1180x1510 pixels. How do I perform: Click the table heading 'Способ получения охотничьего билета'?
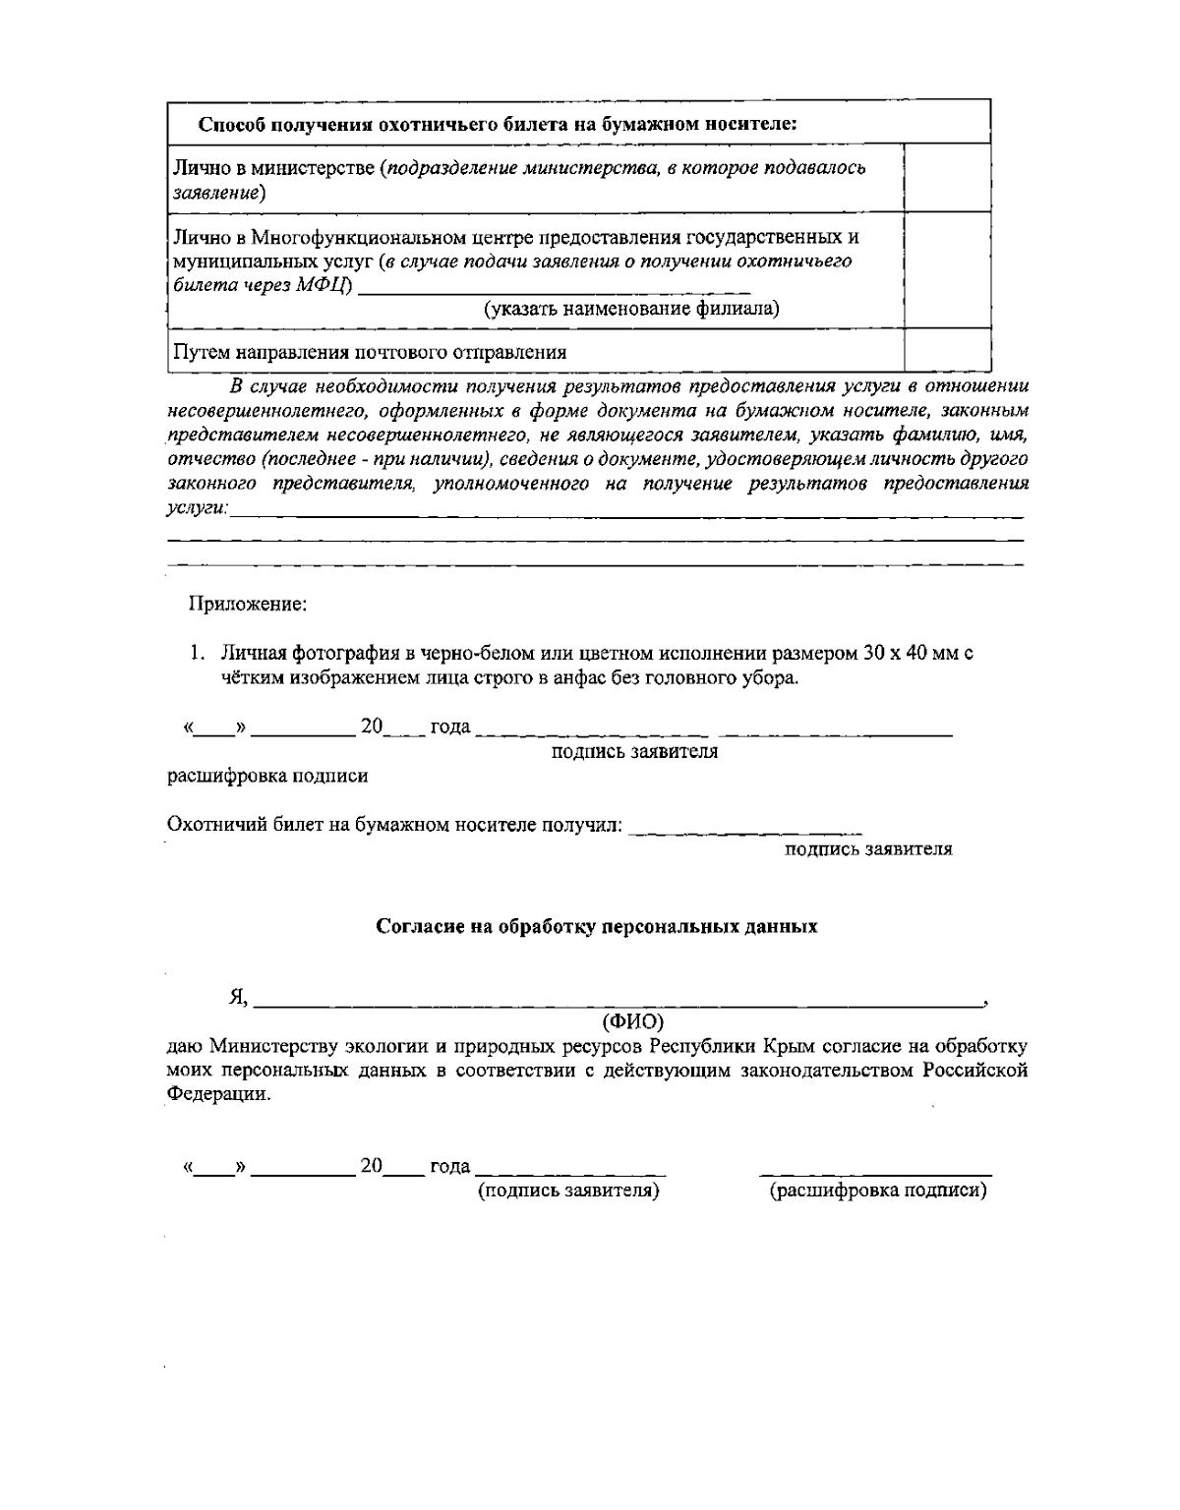tap(497, 125)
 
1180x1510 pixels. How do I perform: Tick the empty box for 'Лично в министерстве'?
tap(947, 178)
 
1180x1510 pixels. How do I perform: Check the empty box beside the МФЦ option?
tap(947, 270)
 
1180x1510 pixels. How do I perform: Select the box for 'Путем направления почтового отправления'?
tap(947, 351)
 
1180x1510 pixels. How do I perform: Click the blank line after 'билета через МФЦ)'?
tap(555, 288)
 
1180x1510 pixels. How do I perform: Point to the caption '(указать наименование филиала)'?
tap(631, 310)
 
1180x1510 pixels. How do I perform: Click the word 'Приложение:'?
tap(249, 604)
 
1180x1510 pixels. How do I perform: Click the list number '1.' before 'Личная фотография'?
tap(198, 654)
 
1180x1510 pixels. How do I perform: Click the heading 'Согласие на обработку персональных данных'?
tap(597, 927)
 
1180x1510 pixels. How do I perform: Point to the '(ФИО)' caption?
tap(632, 1020)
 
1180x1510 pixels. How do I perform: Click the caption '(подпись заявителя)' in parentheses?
tap(568, 1191)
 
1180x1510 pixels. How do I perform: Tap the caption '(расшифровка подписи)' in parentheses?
tap(877, 1191)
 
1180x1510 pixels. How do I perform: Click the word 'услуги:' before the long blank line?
tap(198, 508)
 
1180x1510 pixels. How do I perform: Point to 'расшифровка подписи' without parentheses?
tap(267, 777)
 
